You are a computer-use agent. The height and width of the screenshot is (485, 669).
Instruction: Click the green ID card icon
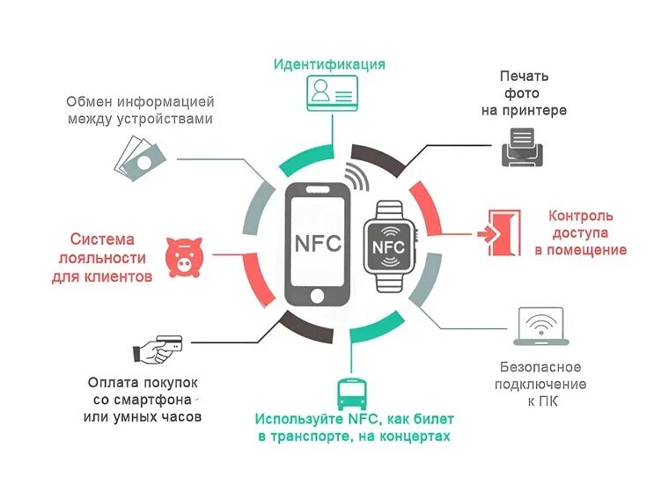[x=330, y=92]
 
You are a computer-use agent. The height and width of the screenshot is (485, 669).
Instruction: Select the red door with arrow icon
[x=499, y=232]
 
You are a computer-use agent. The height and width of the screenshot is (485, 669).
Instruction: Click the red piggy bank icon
[x=185, y=256]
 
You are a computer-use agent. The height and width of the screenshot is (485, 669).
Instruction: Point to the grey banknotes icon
[x=139, y=158]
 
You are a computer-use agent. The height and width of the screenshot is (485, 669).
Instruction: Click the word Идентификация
[x=329, y=64]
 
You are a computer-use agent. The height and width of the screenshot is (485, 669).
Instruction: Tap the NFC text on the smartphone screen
[x=316, y=243]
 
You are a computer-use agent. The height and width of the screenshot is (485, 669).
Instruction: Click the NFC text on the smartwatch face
[x=387, y=247]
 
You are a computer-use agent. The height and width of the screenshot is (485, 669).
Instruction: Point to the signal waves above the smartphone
[x=357, y=175]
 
